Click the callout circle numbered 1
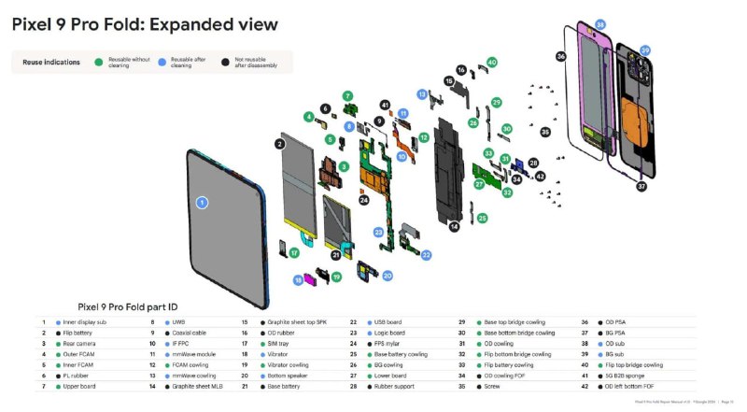coord(201,202)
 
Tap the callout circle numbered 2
coord(279,144)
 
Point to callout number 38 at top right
coord(600,24)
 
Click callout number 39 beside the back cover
coord(645,50)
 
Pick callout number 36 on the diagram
coord(560,57)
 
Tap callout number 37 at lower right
coord(641,186)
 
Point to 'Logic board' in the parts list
coord(390,333)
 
